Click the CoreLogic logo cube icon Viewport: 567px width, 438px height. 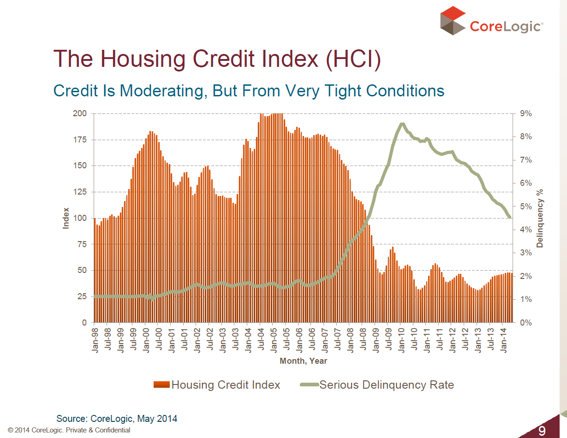453,21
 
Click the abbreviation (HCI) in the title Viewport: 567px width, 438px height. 353,59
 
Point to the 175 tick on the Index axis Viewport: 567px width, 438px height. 80,140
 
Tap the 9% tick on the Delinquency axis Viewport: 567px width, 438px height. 526,113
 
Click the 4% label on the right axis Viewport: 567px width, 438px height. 526,230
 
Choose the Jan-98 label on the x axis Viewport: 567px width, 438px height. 95,340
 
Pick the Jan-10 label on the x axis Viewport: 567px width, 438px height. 401,340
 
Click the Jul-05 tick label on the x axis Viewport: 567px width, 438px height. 286,339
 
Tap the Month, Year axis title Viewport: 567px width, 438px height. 303,361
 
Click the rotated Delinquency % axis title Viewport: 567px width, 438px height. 540,218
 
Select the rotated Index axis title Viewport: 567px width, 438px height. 66,218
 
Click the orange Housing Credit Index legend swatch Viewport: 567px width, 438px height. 162,385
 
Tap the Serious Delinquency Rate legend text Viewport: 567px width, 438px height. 387,385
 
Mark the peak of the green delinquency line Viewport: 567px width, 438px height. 402,124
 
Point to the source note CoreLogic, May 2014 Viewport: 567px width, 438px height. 134,419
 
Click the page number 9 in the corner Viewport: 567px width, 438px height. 542,431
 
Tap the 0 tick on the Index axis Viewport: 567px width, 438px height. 84,323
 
